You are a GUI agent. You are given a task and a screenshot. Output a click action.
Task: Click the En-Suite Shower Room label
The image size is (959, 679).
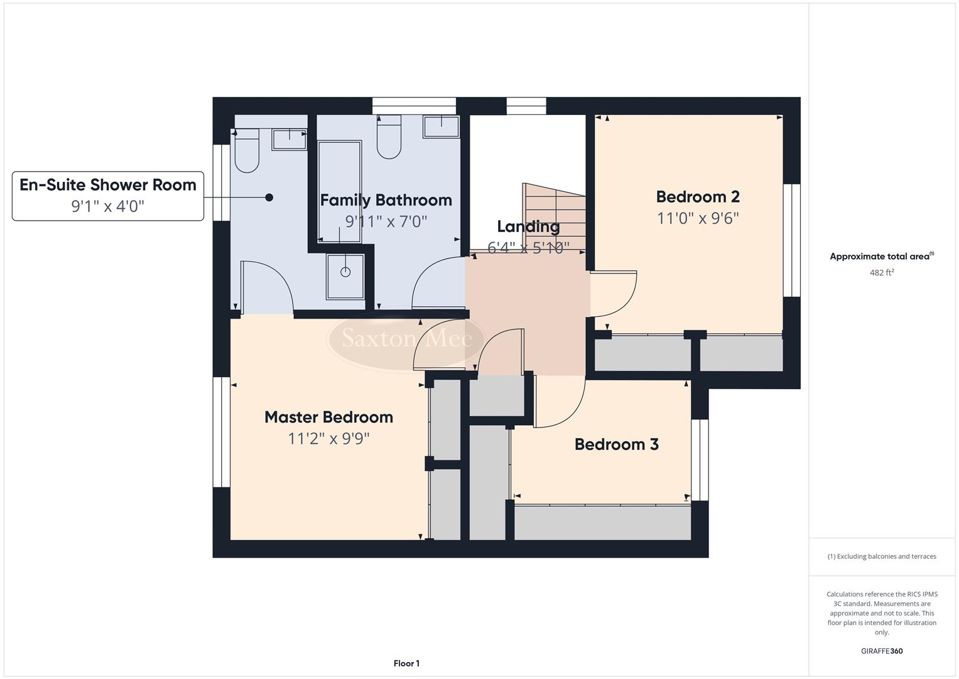click(x=107, y=185)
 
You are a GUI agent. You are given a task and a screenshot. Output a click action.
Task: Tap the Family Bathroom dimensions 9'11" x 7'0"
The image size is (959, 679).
click(x=386, y=221)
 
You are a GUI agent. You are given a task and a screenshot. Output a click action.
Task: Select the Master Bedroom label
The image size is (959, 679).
click(x=328, y=417)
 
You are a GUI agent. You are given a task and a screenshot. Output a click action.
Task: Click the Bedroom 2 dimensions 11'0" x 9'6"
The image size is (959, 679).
click(x=698, y=218)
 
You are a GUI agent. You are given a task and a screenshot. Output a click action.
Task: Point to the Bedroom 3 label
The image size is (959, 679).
click(x=616, y=444)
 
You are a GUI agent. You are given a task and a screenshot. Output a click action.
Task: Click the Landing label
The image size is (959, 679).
click(x=528, y=226)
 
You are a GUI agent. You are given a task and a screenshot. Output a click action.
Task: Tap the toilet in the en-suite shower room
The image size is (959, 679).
click(x=246, y=151)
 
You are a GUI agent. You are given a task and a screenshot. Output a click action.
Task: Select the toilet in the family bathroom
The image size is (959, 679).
click(x=389, y=138)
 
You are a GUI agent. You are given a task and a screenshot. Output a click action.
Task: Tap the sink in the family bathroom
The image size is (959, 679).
click(x=441, y=126)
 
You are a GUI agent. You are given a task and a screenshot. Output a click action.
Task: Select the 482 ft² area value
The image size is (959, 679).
click(x=881, y=273)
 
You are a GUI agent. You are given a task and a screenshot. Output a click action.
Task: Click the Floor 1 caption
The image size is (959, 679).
click(x=406, y=663)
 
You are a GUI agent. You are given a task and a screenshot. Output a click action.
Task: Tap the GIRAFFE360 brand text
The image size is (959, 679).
click(x=881, y=651)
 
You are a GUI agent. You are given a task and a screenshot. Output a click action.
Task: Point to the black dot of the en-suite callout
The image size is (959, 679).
click(x=269, y=197)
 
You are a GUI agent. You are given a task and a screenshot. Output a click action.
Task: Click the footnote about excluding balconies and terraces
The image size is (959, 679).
click(x=881, y=556)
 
